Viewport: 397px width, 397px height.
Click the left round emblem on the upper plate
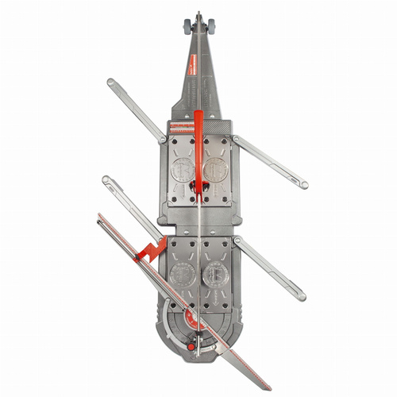click(182, 169)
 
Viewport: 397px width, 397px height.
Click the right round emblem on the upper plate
click(215, 169)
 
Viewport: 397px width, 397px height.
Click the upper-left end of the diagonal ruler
click(98, 214)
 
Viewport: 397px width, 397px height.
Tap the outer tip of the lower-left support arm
click(107, 181)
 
